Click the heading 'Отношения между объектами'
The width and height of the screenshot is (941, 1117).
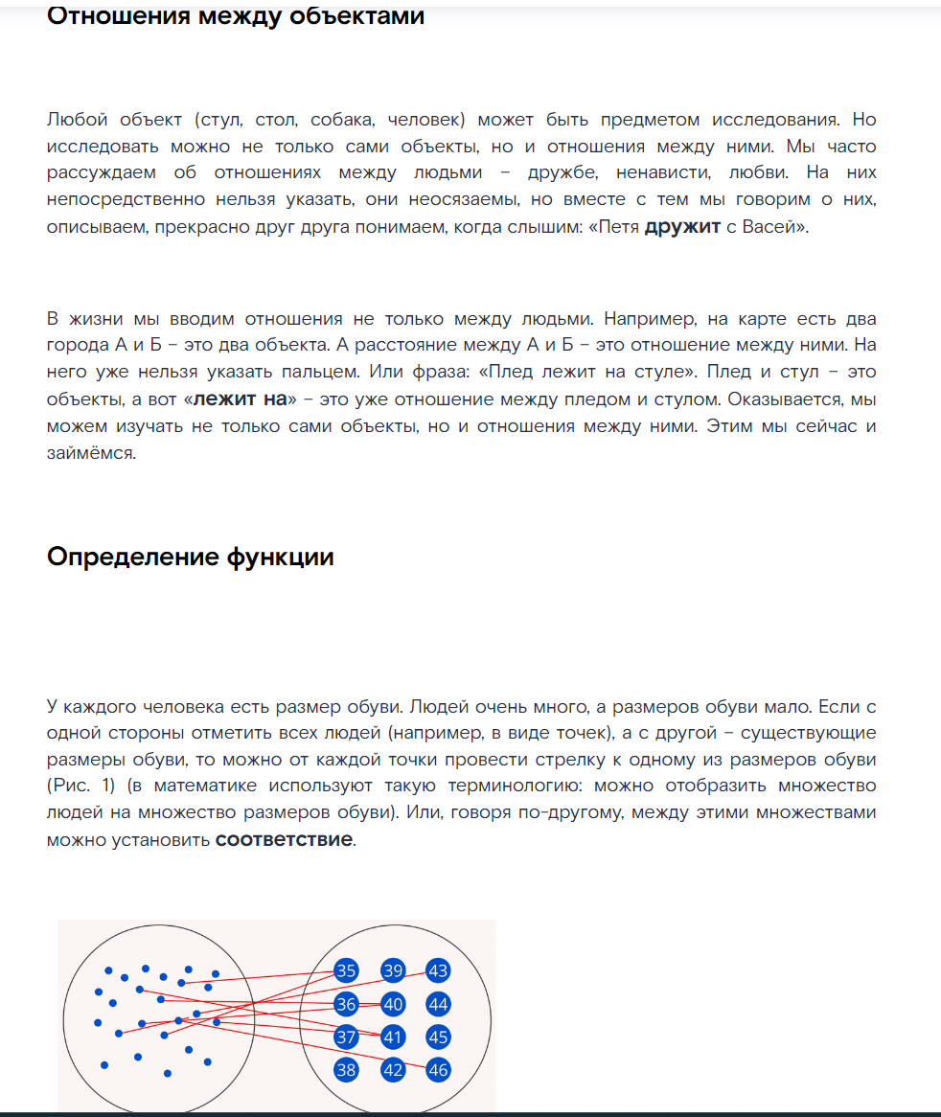point(236,16)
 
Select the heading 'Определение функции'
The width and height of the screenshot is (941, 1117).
point(191,557)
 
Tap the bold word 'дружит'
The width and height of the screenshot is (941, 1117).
point(682,228)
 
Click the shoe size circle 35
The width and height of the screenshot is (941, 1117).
point(346,970)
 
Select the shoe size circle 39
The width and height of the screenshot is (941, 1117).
point(393,970)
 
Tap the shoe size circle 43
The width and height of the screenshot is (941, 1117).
point(438,970)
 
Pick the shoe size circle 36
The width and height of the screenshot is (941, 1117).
point(346,1004)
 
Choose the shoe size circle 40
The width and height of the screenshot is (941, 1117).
point(393,1004)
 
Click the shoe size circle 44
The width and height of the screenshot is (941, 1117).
point(438,1004)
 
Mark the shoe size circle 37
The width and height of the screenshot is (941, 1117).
point(346,1037)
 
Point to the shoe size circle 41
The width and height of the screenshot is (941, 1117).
point(393,1037)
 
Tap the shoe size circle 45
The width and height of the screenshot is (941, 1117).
point(438,1037)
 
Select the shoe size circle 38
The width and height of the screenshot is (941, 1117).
point(346,1070)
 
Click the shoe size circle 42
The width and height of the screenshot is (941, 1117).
point(393,1070)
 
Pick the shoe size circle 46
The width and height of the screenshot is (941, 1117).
point(438,1070)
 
